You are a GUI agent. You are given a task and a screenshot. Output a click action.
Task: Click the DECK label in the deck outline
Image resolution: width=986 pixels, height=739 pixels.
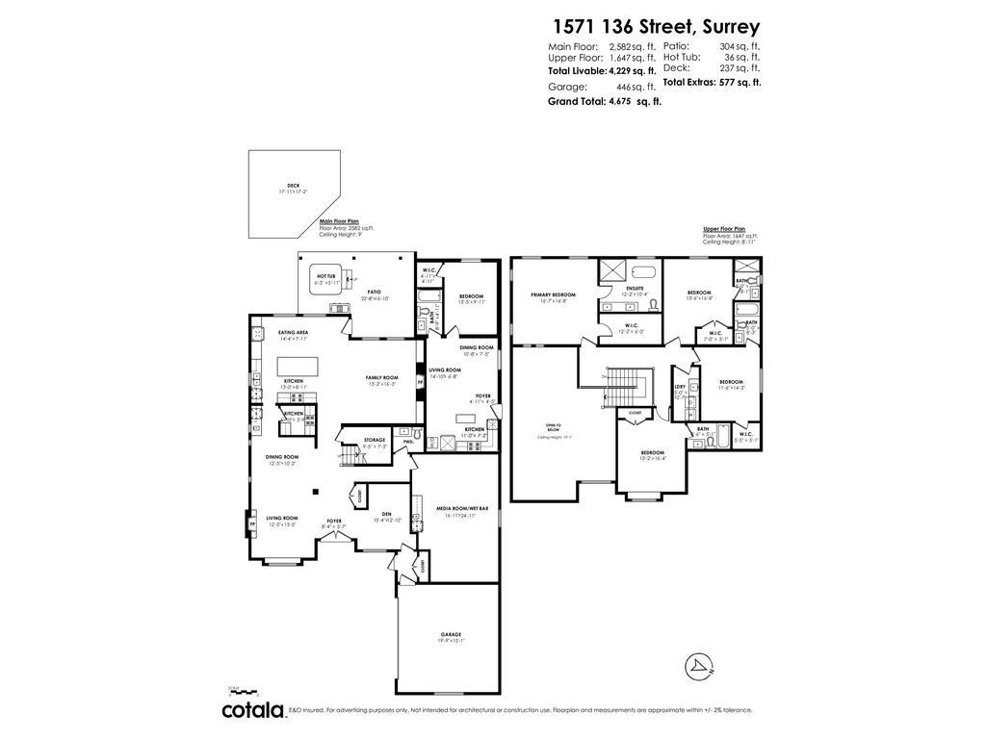(x=293, y=186)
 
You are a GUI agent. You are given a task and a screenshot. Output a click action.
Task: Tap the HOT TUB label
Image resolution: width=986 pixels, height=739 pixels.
(x=325, y=276)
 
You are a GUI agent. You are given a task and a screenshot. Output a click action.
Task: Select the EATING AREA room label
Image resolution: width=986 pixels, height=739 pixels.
(x=293, y=332)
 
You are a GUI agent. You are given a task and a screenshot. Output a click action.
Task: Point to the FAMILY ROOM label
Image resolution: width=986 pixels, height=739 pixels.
(x=381, y=377)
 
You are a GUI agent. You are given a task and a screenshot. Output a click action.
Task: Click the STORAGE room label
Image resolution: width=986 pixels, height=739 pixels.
(x=375, y=440)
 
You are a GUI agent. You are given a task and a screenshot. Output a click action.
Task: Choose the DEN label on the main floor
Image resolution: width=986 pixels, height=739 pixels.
(x=386, y=514)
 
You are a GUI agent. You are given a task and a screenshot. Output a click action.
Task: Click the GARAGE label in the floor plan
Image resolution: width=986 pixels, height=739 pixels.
(x=451, y=634)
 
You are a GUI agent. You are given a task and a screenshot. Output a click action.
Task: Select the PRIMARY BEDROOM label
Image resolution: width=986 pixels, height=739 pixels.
(x=553, y=294)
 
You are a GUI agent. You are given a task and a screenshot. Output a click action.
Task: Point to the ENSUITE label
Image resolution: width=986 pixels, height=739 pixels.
(x=636, y=288)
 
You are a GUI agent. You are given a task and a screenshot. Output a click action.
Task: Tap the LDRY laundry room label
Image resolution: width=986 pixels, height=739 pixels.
(x=680, y=387)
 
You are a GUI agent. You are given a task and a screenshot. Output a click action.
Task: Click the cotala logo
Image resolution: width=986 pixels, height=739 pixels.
(x=253, y=711)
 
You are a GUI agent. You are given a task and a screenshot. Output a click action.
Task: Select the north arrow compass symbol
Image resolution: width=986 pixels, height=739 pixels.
(x=698, y=666)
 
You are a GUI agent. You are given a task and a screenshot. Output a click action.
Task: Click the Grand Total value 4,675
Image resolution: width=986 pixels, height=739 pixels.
(x=626, y=101)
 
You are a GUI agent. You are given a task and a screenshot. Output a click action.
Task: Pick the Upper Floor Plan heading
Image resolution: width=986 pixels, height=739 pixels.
(x=724, y=230)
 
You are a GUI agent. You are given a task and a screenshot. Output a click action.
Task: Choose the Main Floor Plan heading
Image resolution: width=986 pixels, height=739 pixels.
(x=339, y=221)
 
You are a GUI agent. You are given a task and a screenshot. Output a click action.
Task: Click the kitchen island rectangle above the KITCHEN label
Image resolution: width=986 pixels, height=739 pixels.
(x=297, y=366)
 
